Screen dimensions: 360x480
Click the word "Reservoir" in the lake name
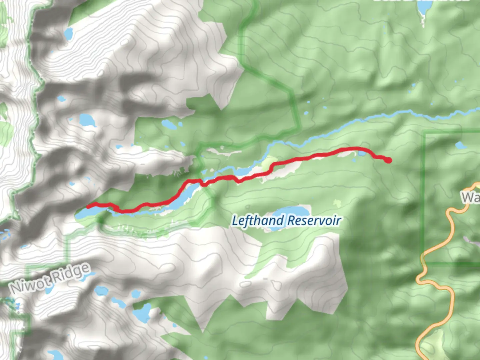coord(314,221)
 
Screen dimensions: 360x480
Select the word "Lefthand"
coord(258,221)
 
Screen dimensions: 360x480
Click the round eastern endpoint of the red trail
coord(389,160)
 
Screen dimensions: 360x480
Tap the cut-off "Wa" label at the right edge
coord(471,197)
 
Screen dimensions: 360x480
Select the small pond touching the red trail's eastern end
coord(362,153)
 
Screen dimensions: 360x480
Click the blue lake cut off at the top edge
coord(423,8)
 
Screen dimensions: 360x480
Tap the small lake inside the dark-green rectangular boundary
coord(461,145)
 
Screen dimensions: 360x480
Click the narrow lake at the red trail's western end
coord(83,213)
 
